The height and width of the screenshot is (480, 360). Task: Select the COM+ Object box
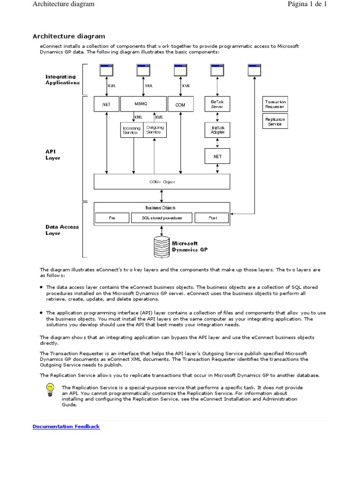pyautogui.click(x=162, y=182)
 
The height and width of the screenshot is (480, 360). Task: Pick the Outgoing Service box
pyautogui.click(x=154, y=130)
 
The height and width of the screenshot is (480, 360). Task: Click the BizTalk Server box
pyautogui.click(x=217, y=104)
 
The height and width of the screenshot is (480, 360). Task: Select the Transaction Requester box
pyautogui.click(x=275, y=104)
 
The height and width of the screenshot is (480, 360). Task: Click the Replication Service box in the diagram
pyautogui.click(x=275, y=122)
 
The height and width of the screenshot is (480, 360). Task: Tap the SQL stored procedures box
pyautogui.click(x=161, y=218)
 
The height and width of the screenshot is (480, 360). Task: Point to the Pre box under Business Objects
pyautogui.click(x=112, y=218)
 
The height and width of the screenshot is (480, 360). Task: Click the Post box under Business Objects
pyautogui.click(x=212, y=218)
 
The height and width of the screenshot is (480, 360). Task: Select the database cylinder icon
pyautogui.click(x=162, y=247)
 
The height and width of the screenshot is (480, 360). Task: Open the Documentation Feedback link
pyautogui.click(x=66, y=427)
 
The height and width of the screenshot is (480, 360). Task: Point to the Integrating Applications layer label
pyautogui.click(x=62, y=80)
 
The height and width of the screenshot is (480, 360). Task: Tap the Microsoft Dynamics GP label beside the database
pyautogui.click(x=189, y=247)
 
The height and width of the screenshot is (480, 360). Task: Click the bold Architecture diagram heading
pyautogui.click(x=68, y=36)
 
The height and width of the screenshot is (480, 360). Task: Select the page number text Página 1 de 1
pyautogui.click(x=307, y=4)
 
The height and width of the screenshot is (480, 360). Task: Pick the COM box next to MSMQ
pyautogui.click(x=180, y=105)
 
